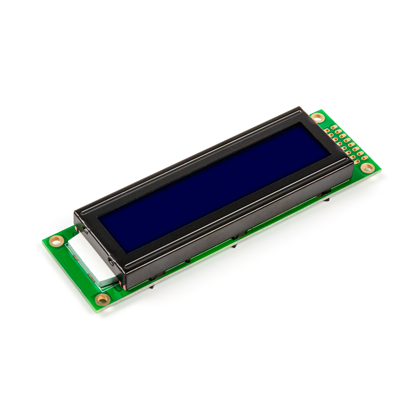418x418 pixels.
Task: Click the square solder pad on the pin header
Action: coord(327,130)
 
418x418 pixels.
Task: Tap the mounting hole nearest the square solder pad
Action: coord(318,118)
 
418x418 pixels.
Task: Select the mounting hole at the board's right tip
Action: coord(367,168)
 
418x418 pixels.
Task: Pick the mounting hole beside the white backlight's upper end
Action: coord(56,241)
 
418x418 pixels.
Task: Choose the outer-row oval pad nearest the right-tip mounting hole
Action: coord(364,158)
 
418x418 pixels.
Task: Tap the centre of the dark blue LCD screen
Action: coord(214,188)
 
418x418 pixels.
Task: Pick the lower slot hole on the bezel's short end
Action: coord(111,262)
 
